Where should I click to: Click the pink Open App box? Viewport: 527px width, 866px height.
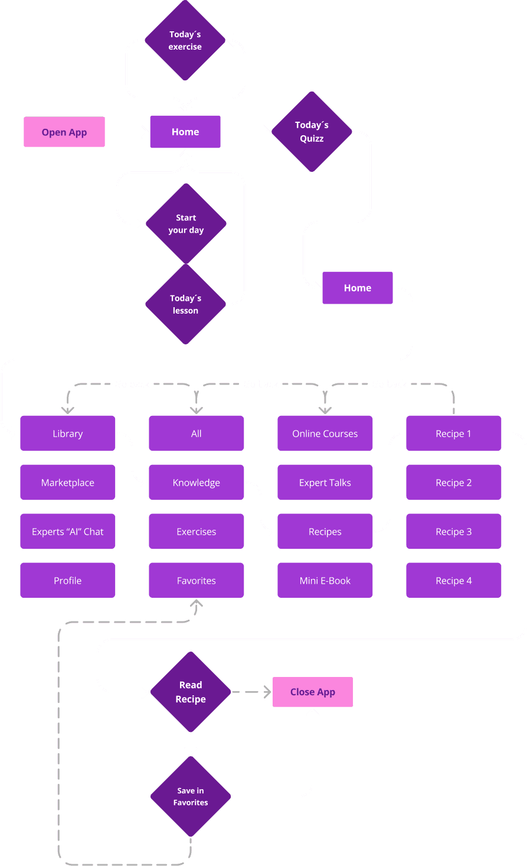64,132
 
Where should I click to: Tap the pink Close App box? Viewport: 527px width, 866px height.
312,692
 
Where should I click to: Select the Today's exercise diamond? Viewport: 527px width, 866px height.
185,40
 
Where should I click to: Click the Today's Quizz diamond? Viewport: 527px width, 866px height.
312,132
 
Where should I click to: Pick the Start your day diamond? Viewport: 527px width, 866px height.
186,224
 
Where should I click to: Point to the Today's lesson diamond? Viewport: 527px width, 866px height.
185,304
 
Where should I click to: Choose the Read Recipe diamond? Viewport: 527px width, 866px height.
191,692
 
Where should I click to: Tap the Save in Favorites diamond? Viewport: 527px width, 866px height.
191,796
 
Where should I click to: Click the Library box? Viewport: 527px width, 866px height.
68,434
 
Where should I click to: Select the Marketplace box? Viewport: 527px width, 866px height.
68,483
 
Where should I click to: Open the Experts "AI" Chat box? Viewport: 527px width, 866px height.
68,532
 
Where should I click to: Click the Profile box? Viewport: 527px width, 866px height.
68,581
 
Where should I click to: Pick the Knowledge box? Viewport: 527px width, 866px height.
197,483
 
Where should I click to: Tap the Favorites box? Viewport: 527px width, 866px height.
197,581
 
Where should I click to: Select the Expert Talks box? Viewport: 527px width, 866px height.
325,483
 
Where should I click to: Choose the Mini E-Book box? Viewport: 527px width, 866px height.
325,581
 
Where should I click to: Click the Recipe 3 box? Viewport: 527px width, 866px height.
454,532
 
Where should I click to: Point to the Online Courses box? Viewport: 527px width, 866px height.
325,434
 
